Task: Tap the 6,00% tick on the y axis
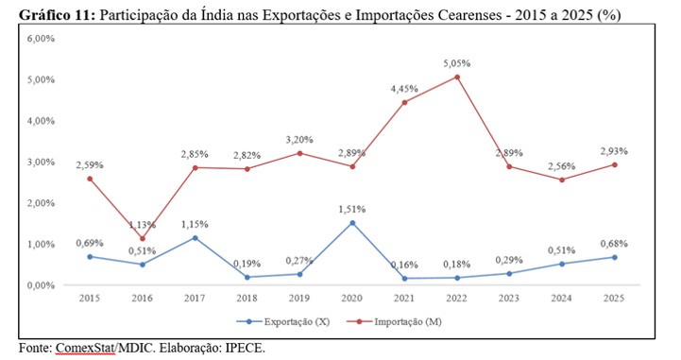(41, 39)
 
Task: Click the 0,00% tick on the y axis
(41, 285)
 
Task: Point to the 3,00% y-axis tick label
(41, 163)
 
